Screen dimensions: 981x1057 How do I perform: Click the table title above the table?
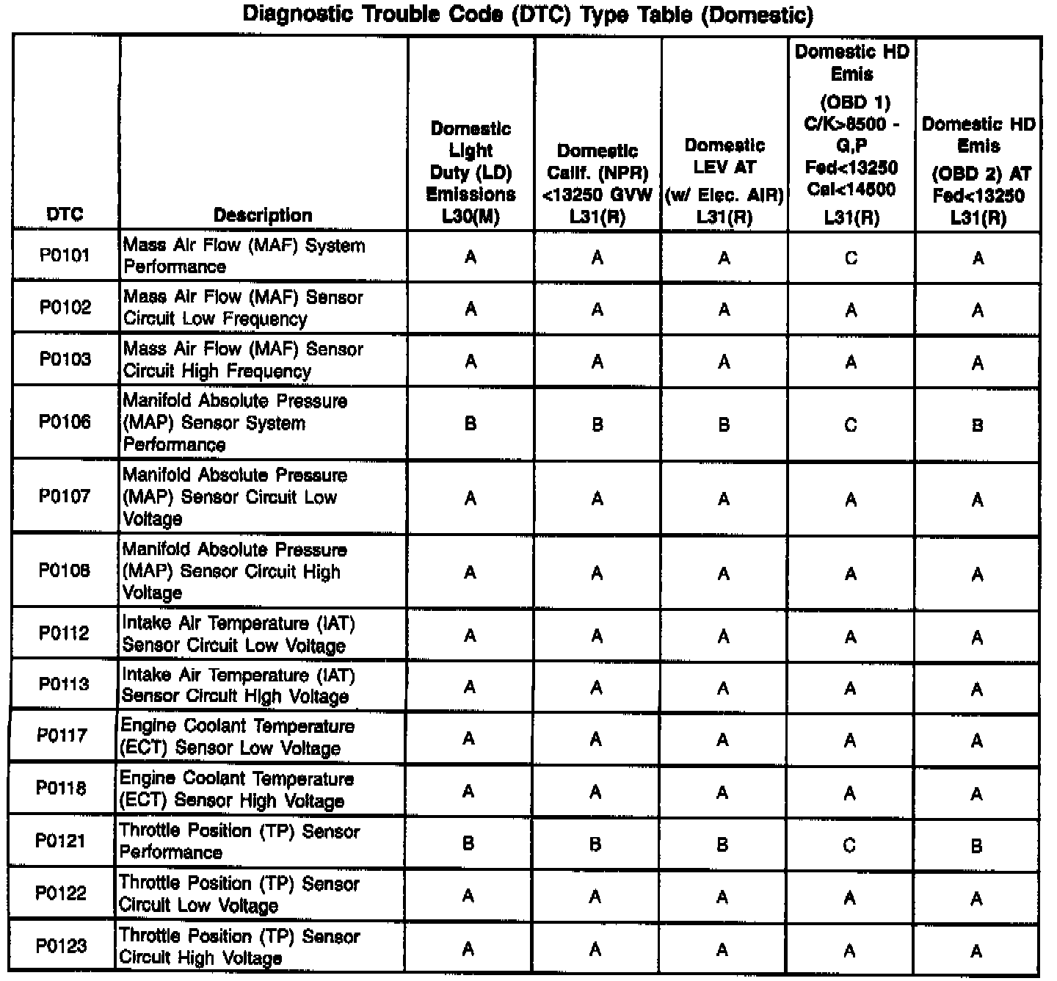527,14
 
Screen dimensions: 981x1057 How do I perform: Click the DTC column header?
65,214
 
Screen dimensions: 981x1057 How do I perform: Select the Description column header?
263,214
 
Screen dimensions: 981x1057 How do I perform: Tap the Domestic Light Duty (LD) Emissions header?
471,173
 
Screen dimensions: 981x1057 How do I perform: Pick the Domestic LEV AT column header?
724,180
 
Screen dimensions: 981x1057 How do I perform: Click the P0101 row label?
65,256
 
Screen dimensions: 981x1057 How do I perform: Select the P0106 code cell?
65,422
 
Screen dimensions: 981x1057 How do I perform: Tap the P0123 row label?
62,946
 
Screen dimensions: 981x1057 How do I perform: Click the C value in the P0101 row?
851,258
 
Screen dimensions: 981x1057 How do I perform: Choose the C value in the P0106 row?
851,425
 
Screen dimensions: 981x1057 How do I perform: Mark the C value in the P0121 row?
849,845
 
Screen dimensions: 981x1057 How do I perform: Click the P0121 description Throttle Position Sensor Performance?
239,841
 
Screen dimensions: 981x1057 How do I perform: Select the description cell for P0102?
243,308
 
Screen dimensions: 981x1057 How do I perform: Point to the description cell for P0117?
237,736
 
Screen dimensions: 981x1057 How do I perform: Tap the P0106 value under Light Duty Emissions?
471,424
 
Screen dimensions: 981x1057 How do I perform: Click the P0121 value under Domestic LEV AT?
722,845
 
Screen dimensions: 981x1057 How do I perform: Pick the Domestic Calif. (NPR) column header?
597,184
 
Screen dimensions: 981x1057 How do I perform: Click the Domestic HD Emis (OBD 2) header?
978,170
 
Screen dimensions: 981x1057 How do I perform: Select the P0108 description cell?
234,571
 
